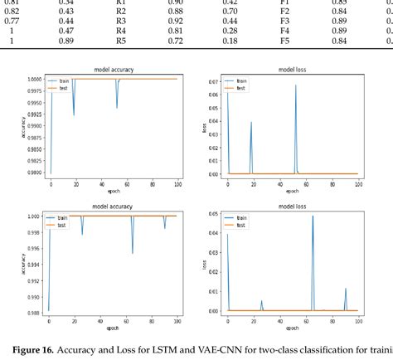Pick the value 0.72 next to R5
pos(175,40)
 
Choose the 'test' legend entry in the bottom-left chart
pos(63,224)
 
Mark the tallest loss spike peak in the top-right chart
pos(294,85)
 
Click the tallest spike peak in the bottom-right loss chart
pos(313,216)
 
